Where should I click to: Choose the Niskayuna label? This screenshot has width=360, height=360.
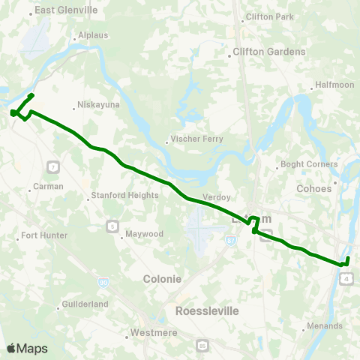(100, 106)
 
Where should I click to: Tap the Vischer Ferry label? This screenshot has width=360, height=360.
(194, 139)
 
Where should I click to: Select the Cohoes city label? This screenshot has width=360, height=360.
(313, 188)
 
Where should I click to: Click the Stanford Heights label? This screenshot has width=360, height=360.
(124, 195)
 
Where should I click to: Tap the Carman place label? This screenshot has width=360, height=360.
(49, 186)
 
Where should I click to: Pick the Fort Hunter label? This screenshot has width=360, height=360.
(44, 235)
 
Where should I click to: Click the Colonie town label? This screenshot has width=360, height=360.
(162, 278)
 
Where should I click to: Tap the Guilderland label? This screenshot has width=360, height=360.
(85, 304)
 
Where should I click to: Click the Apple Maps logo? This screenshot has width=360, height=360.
(27, 348)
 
